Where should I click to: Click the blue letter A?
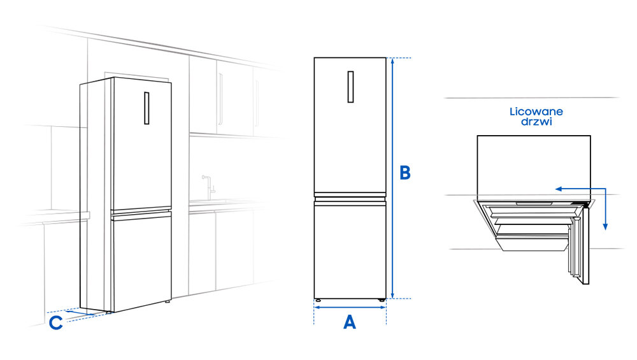pyautogui.click(x=349, y=322)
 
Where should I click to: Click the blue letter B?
pyautogui.click(x=404, y=173)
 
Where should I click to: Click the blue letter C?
pyautogui.click(x=56, y=323)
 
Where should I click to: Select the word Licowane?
pyautogui.click(x=536, y=112)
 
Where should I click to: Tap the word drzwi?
pyautogui.click(x=536, y=122)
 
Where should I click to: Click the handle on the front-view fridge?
pyautogui.click(x=350, y=87)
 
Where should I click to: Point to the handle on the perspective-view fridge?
pyautogui.click(x=145, y=110)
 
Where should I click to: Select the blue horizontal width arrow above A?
pyautogui.click(x=350, y=306)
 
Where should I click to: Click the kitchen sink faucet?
pyautogui.click(x=206, y=185)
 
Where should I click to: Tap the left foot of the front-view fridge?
pyautogui.click(x=318, y=299)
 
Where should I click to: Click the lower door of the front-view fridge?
pyautogui.click(x=350, y=248)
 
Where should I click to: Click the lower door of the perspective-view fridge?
pyautogui.click(x=141, y=261)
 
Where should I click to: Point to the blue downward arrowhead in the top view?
pyautogui.click(x=606, y=226)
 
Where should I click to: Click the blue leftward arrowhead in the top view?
pyautogui.click(x=557, y=189)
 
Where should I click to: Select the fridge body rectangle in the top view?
pyautogui.click(x=533, y=162)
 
